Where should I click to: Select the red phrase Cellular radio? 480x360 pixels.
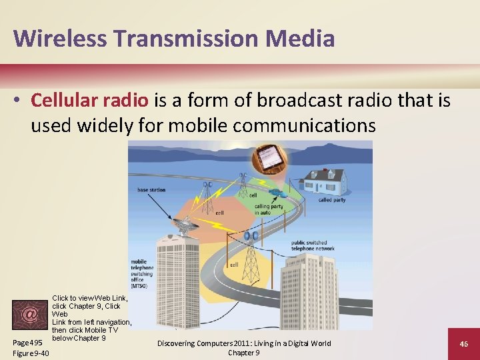[x=90, y=101]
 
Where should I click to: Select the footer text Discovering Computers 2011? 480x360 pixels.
[x=243, y=343]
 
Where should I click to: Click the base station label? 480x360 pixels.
[x=151, y=190]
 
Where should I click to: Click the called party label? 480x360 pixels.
[x=333, y=199]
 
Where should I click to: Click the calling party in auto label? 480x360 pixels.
[x=268, y=209]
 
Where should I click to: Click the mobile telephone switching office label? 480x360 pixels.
[x=143, y=274]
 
